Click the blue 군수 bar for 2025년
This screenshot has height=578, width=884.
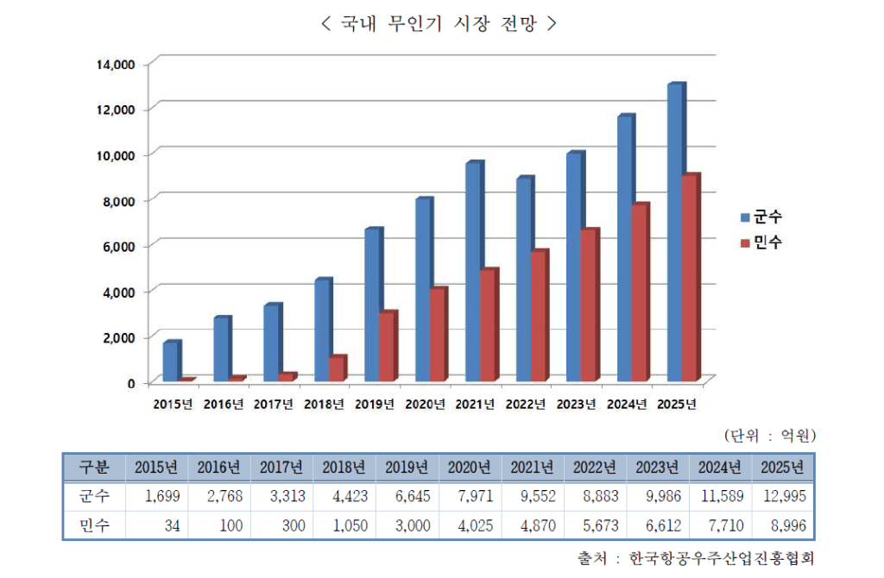click(675, 233)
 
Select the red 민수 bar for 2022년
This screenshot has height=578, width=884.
click(538, 316)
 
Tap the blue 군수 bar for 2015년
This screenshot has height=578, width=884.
click(170, 361)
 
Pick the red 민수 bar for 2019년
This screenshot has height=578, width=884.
click(386, 346)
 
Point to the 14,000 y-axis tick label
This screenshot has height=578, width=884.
click(114, 64)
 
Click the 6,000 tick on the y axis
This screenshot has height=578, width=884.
click(117, 246)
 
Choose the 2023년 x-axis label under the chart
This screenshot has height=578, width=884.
click(576, 403)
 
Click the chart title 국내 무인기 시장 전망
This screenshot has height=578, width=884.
click(438, 24)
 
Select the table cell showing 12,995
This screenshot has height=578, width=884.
click(783, 496)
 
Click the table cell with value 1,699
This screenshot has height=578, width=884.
click(156, 496)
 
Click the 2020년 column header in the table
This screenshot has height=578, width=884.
click(470, 468)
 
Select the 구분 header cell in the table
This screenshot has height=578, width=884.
click(94, 468)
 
